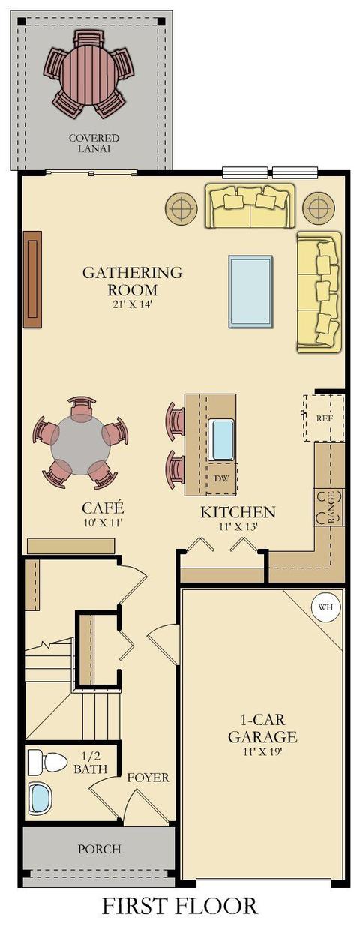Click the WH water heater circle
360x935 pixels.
(325, 607)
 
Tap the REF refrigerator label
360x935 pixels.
(324, 418)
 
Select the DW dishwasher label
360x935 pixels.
(222, 478)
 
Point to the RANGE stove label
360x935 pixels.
(331, 507)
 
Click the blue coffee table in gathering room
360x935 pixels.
(250, 292)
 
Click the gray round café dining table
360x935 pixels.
(80, 445)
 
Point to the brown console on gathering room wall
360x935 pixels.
(32, 279)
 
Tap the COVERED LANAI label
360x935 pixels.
(94, 143)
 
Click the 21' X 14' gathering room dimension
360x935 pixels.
(132, 304)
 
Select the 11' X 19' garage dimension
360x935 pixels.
(262, 752)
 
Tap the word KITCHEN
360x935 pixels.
(238, 512)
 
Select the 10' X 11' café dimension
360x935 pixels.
(102, 523)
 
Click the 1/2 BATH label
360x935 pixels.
(91, 763)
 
